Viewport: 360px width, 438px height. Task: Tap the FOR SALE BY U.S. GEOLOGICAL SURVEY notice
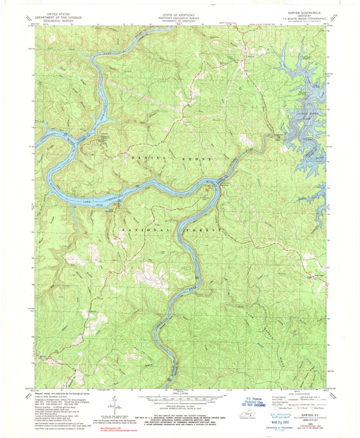pos(178,418)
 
